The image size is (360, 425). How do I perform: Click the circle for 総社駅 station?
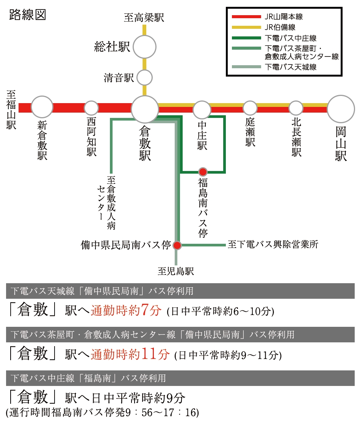[145, 47]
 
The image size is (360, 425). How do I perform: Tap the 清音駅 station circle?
[145, 78]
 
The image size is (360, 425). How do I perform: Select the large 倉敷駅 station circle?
[145, 109]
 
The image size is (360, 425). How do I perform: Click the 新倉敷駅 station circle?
[42, 107]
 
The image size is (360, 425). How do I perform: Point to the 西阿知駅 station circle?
[91, 108]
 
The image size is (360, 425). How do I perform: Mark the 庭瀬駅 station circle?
[250, 108]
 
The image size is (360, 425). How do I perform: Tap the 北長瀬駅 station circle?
[296, 108]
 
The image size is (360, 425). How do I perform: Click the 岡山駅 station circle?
[341, 109]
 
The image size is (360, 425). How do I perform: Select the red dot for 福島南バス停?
[203, 172]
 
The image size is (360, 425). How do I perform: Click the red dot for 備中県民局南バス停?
[177, 245]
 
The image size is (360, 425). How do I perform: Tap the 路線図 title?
[28, 15]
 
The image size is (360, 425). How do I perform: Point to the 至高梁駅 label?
[144, 17]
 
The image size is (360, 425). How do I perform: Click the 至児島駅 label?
[176, 271]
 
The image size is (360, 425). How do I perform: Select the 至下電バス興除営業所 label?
[273, 245]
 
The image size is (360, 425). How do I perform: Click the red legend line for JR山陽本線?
[246, 17]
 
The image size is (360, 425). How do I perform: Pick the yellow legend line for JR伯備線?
[246, 27]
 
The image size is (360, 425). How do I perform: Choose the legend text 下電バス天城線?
[291, 67]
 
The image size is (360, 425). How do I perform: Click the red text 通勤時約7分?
[126, 310]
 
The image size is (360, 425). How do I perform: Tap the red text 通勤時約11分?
[130, 354]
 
